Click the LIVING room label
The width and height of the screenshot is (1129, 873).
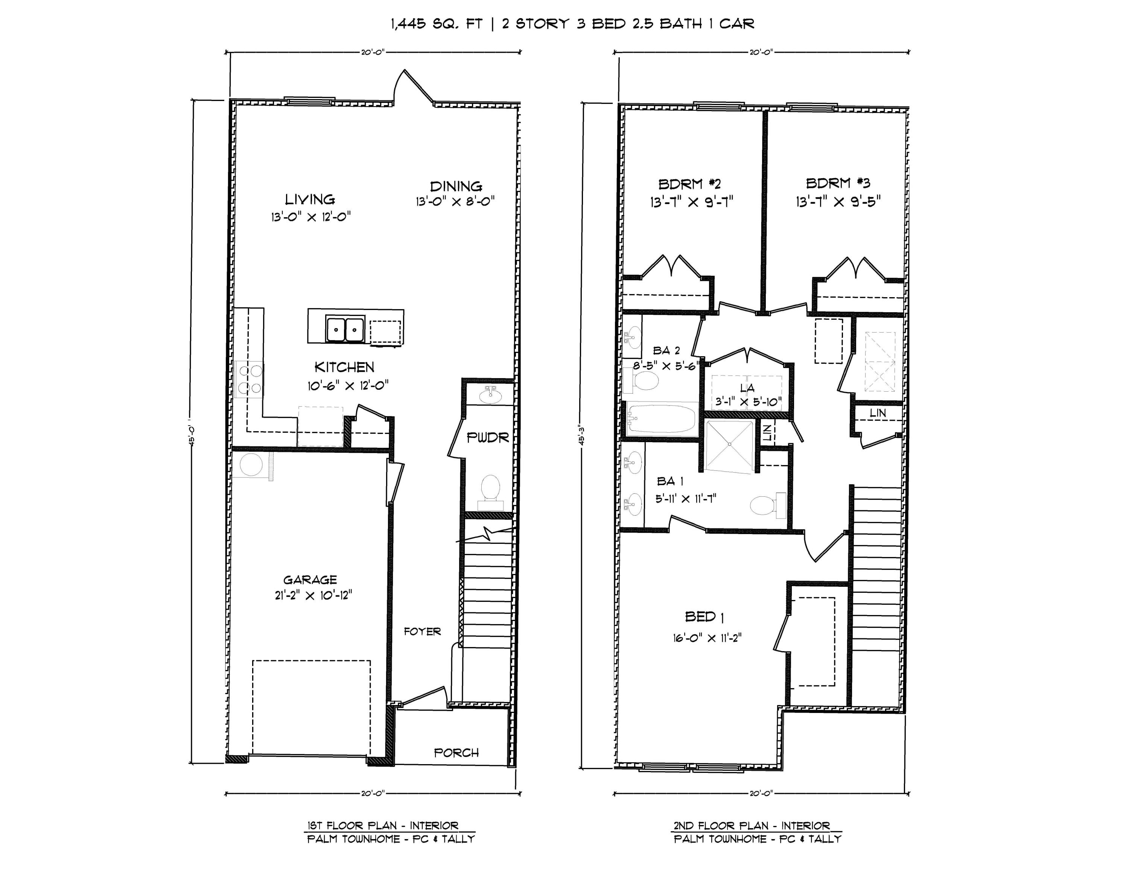point(310,199)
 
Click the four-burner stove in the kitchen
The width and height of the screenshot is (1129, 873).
point(250,379)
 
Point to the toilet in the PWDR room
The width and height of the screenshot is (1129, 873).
point(490,489)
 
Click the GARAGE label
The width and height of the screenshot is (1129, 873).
point(310,580)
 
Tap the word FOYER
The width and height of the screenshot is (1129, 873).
point(422,632)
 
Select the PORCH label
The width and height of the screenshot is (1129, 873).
point(456,752)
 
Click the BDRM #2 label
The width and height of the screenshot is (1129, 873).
point(689,183)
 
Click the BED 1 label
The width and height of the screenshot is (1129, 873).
point(704,617)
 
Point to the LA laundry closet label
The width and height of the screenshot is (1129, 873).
point(747,388)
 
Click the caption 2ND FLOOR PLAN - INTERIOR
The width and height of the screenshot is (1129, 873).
point(752,826)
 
